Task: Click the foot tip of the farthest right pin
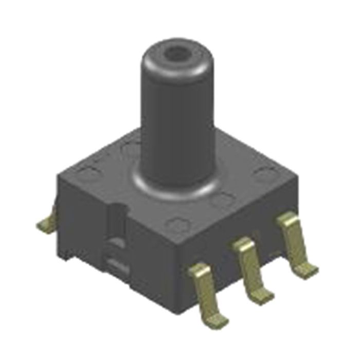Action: pyautogui.click(x=309, y=268)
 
